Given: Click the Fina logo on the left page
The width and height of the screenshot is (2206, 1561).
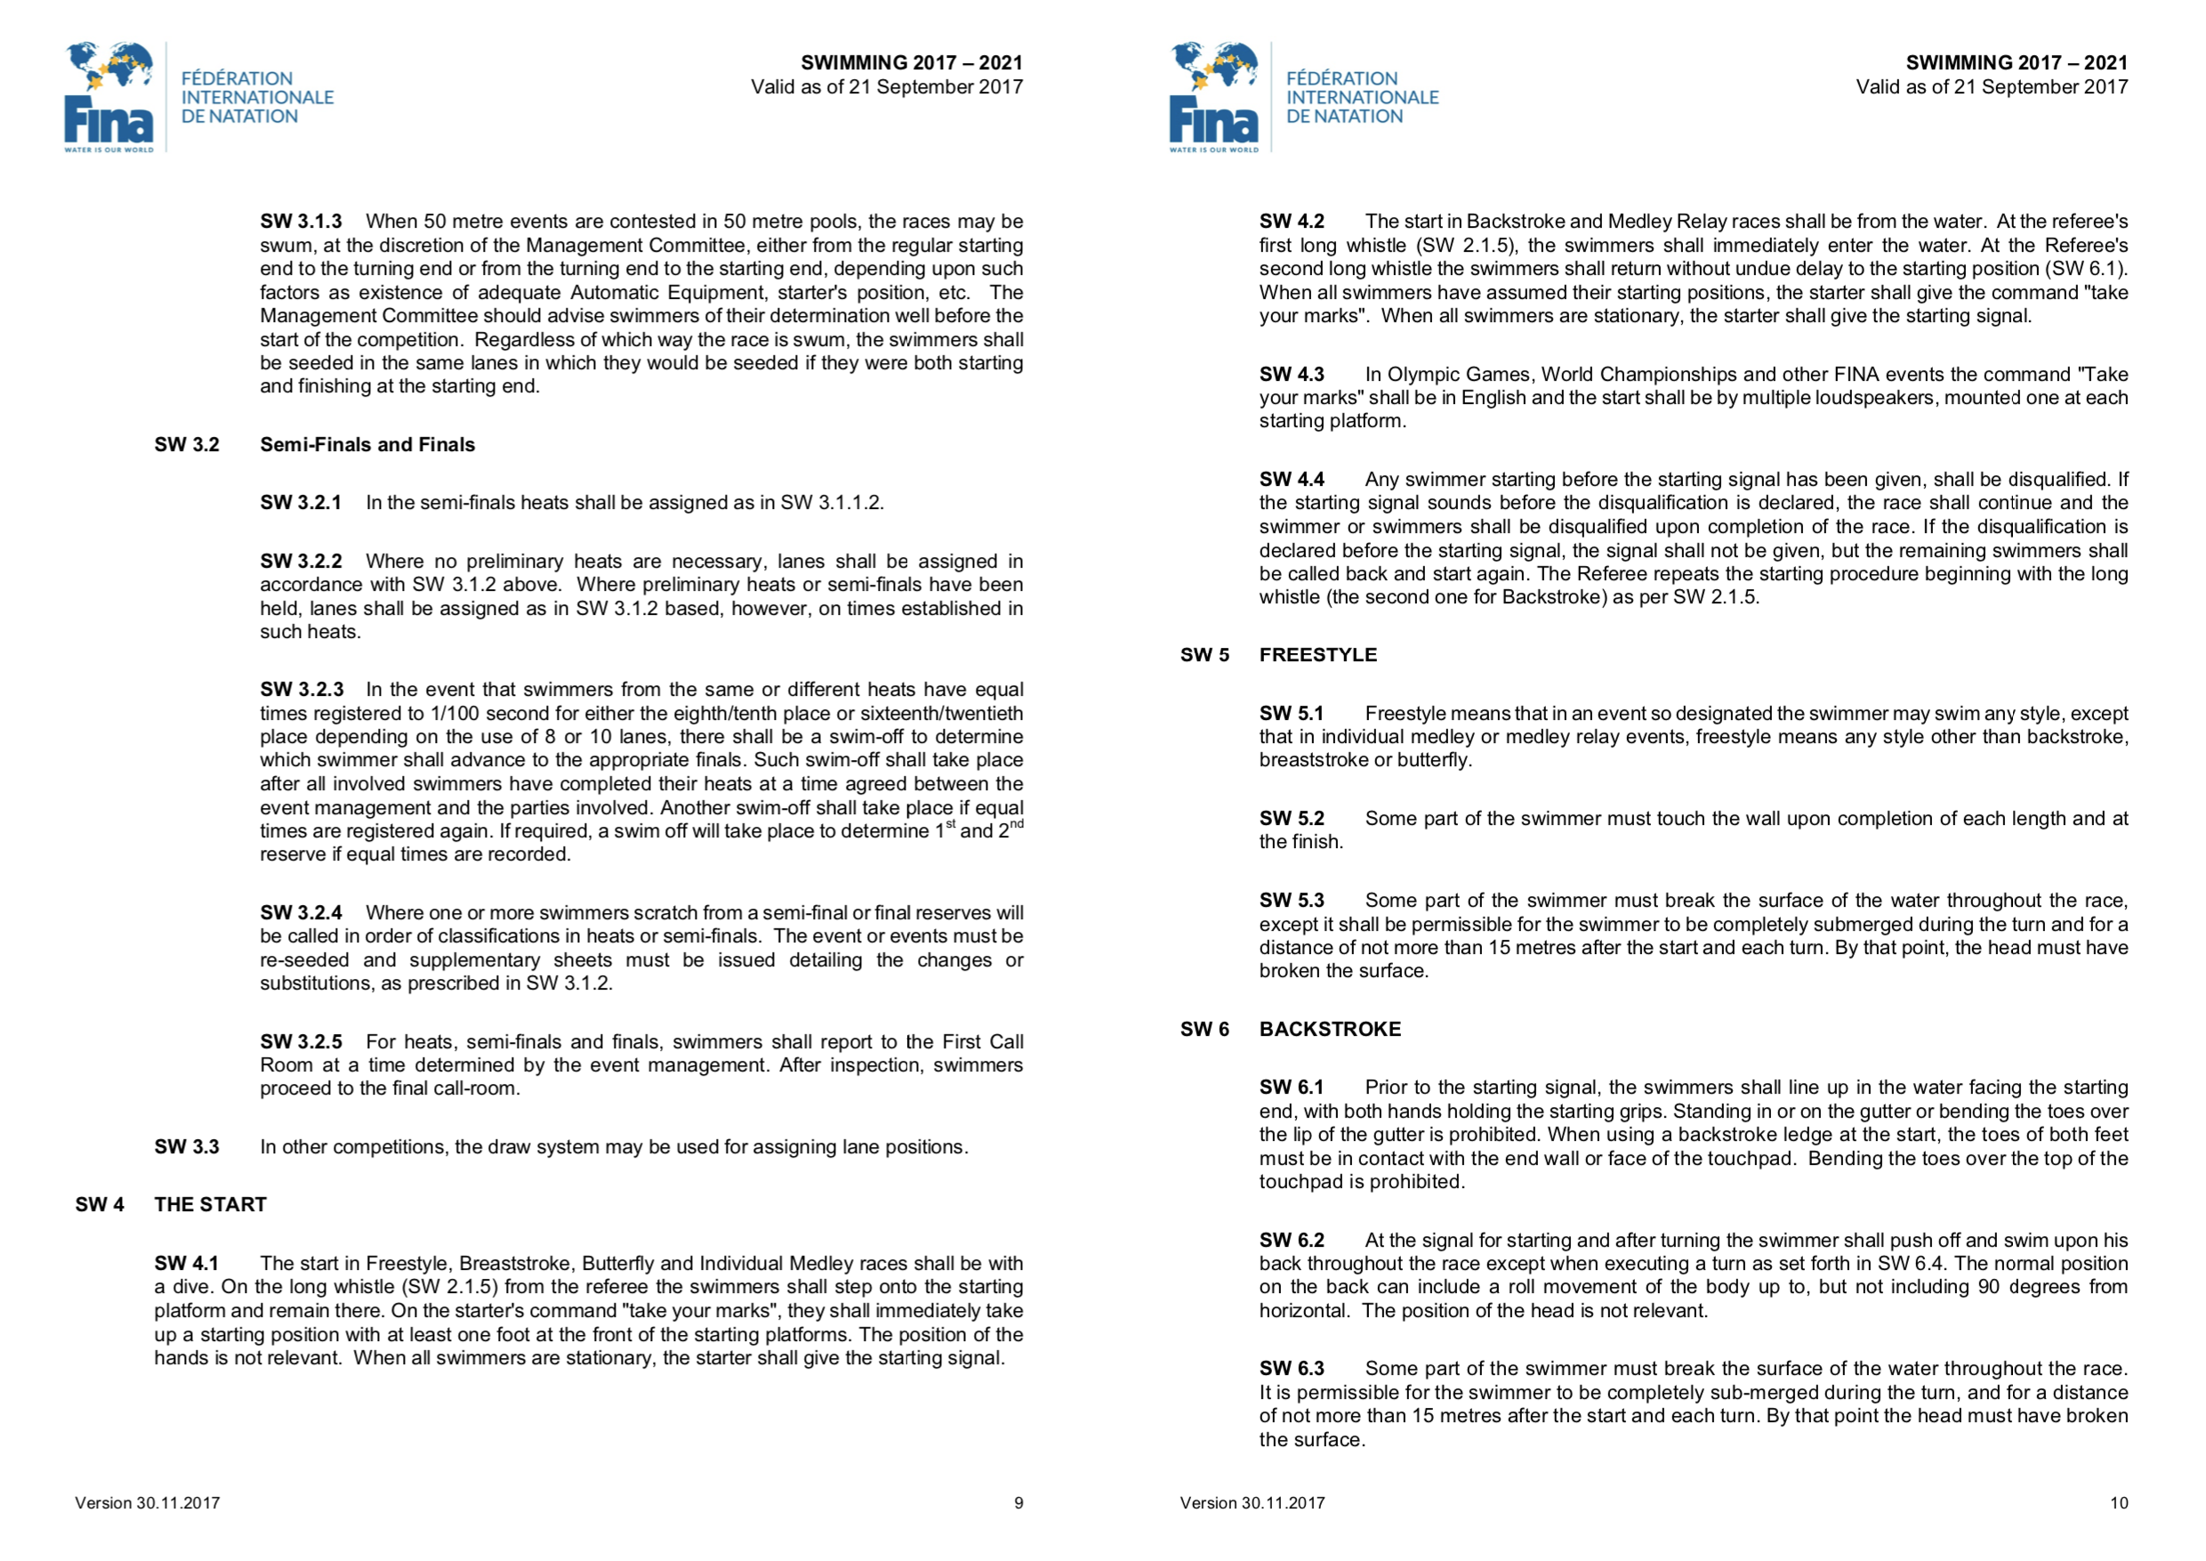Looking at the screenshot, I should tap(109, 96).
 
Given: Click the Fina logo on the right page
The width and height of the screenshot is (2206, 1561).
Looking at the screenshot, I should tap(1213, 96).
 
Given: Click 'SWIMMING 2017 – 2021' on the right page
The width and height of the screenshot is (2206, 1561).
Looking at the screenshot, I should tap(2017, 63).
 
